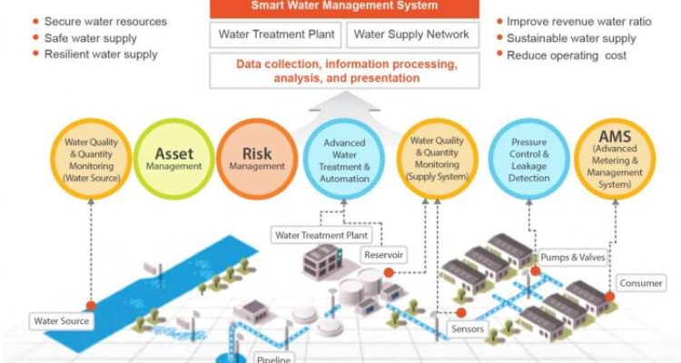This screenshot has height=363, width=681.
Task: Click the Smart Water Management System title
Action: click(345, 5)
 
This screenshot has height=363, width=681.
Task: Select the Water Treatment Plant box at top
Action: click(277, 35)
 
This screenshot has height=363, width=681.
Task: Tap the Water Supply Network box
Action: click(411, 35)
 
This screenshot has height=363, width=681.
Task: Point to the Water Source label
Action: click(59, 320)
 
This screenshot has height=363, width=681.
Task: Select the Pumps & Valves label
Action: click(571, 258)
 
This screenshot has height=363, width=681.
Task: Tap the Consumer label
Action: click(640, 282)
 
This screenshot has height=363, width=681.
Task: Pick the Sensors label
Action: click(468, 329)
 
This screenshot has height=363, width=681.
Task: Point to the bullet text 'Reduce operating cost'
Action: click(567, 54)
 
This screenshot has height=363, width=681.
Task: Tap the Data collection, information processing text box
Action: click(345, 71)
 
